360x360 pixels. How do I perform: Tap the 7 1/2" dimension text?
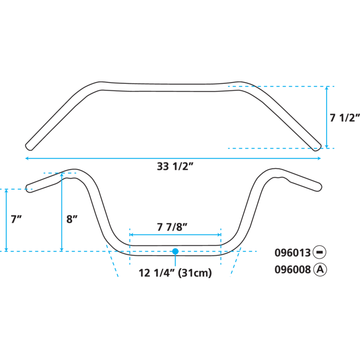tap(345, 118)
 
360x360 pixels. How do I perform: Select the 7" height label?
tap(16, 220)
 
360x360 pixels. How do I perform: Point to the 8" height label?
tap(72, 220)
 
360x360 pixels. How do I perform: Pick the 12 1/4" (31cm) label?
tap(175, 273)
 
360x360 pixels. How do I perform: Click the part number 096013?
tap(292, 253)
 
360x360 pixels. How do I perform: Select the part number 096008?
tap(292, 270)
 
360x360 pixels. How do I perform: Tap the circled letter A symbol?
tap(320, 270)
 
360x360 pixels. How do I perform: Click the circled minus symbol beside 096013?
tap(320, 253)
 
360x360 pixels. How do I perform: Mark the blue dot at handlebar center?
tap(175, 251)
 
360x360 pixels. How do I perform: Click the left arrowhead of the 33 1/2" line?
tap(27, 158)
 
